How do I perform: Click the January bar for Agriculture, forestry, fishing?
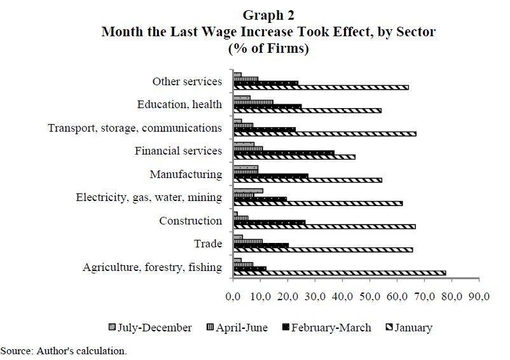tap(340, 273)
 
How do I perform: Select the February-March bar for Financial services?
tap(284, 153)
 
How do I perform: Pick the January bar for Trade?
tap(323, 250)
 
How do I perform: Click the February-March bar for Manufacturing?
tap(271, 176)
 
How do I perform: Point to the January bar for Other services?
tap(321, 87)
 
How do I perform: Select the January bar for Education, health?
tap(307, 110)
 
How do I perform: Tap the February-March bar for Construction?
tap(270, 222)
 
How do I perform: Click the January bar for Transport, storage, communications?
tap(325, 134)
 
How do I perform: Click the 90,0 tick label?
tap(478, 296)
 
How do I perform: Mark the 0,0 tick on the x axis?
tap(233, 296)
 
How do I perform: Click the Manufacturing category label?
tap(186, 174)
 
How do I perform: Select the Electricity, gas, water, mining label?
tap(149, 197)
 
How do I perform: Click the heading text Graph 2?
tap(268, 15)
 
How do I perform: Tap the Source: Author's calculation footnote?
tap(64, 350)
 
